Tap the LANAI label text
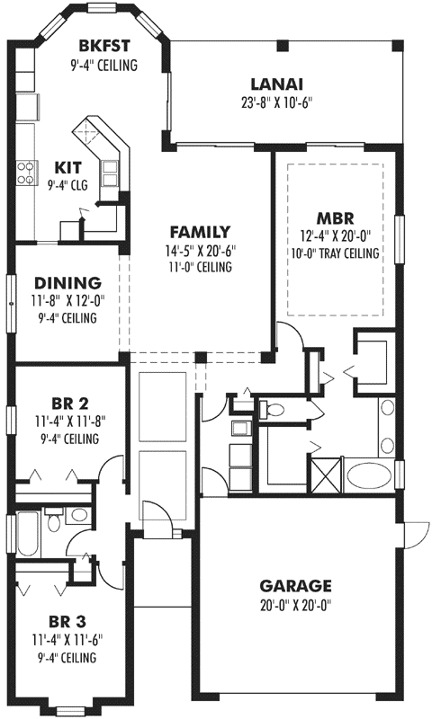coord(276,84)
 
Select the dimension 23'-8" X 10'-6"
coord(276,102)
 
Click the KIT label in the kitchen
coord(68,167)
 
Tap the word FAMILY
coord(199,232)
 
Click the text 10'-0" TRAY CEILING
coord(335,253)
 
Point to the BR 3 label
coord(67,621)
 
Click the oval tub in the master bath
coord(368,473)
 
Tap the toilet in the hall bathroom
coord(55,520)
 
